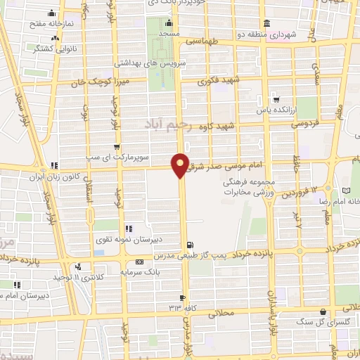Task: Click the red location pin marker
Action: pyautogui.click(x=181, y=165)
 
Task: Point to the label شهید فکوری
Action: pyautogui.click(x=219, y=81)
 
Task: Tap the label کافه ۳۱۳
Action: pyautogui.click(x=181, y=308)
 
